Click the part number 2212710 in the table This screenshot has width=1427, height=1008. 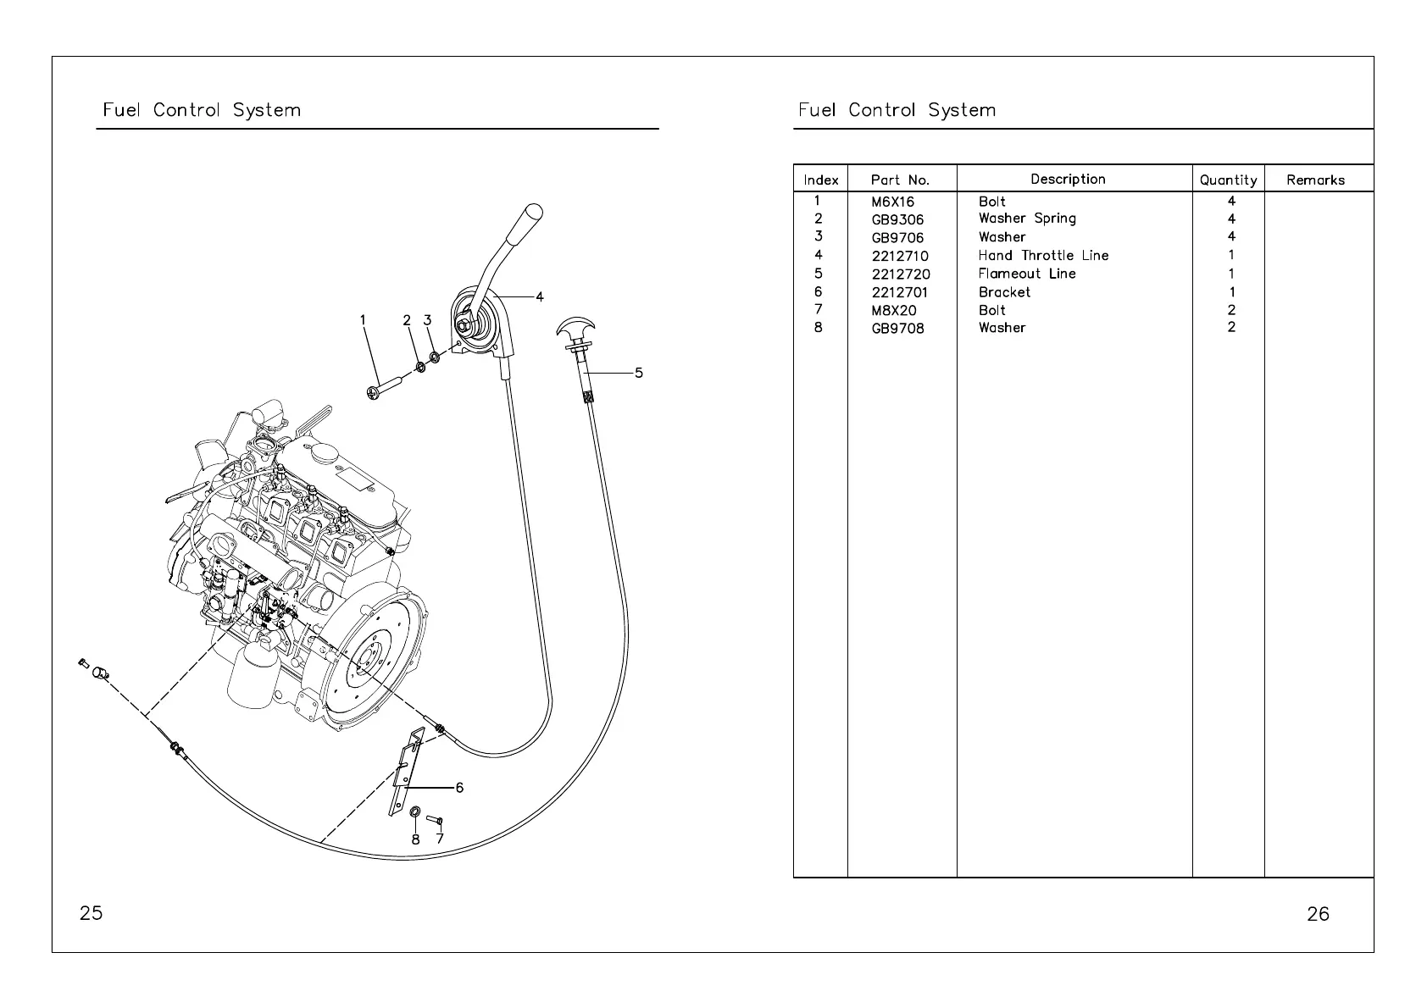pos(899,256)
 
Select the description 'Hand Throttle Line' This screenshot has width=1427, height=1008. pos(1042,255)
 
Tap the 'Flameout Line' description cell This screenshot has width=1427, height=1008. pos(1026,274)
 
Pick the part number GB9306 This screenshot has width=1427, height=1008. pos(897,219)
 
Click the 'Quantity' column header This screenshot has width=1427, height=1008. pos(1228,180)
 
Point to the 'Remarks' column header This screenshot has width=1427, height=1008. pos(1315,180)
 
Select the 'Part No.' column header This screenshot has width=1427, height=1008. pos(900,180)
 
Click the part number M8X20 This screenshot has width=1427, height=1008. pos(893,310)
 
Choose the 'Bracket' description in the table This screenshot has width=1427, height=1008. pos(1004,292)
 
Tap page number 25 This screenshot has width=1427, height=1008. pos(91,913)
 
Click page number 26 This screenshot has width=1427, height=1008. pos(1318,913)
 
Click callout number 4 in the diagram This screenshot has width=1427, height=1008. pos(540,297)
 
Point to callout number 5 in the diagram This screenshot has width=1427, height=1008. pos(638,373)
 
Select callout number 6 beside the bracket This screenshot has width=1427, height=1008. pos(459,788)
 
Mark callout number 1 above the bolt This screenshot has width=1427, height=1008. pos(363,320)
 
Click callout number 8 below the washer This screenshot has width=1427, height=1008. pos(415,839)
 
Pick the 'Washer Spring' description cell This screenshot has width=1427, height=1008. pos(1026,219)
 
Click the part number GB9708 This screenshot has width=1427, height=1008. pos(897,329)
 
